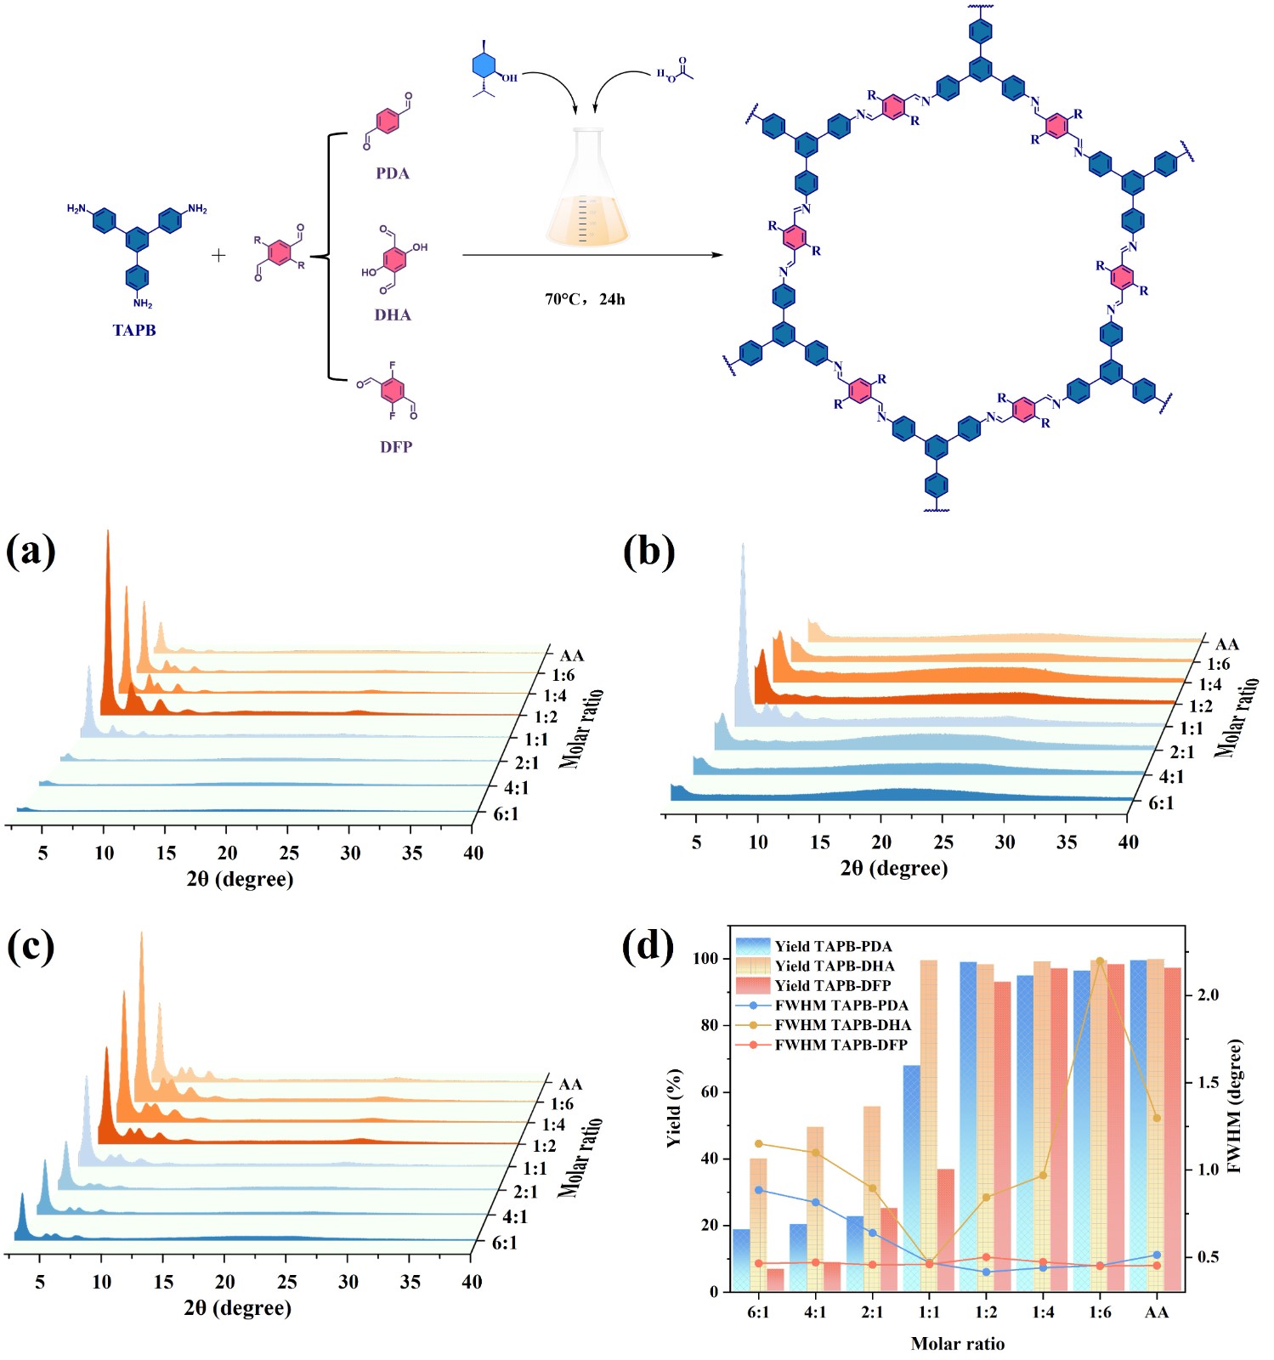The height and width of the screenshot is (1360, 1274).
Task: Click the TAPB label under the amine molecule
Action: [x=134, y=331]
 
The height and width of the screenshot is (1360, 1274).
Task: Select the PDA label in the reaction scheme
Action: [x=393, y=173]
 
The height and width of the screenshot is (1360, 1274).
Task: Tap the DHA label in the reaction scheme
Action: [x=393, y=315]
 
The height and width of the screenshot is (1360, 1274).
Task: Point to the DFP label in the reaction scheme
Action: [x=396, y=447]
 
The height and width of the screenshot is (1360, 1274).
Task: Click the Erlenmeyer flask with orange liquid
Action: [x=586, y=191]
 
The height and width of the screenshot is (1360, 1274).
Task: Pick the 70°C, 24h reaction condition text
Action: [x=585, y=299]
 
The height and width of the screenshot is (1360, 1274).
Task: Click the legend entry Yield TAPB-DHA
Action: [x=834, y=966]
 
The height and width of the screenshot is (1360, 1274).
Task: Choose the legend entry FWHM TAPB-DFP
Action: [x=841, y=1045]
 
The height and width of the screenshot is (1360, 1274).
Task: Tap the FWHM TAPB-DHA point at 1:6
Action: [x=1100, y=961]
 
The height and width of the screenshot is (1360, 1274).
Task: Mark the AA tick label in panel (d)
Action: [x=1156, y=1312]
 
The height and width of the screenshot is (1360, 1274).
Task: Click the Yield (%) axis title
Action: [x=674, y=1108]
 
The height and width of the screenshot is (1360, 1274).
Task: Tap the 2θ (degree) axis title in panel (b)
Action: [x=894, y=868]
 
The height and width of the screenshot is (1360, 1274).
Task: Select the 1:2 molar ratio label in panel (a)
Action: [x=546, y=717]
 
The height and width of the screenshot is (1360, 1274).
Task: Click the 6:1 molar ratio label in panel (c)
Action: [x=505, y=1243]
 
